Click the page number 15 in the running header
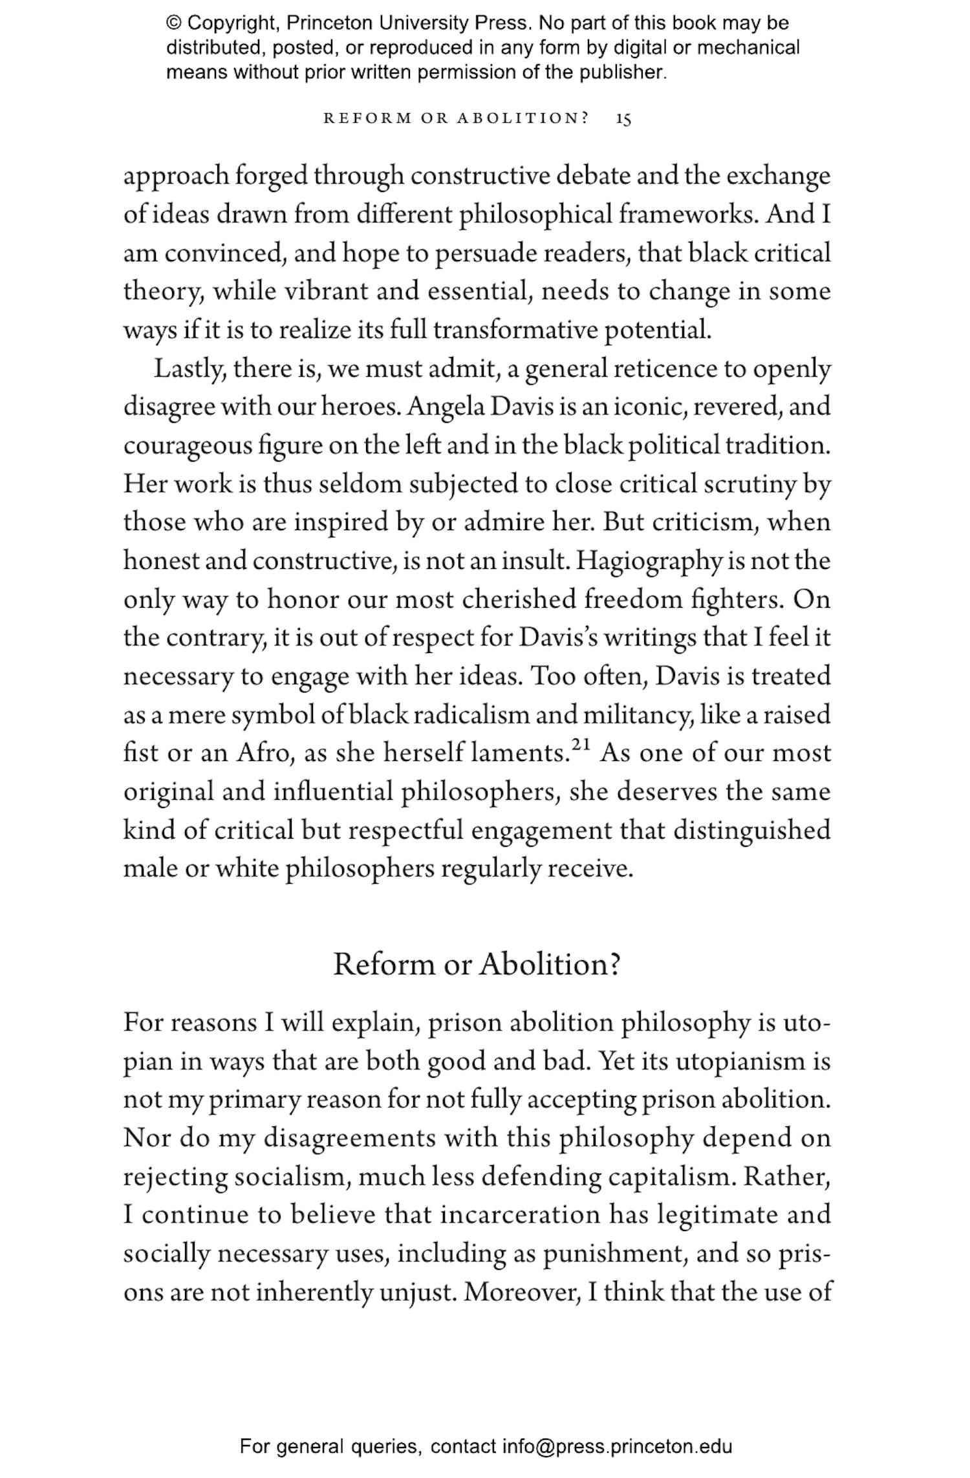623,119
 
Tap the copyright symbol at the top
174,24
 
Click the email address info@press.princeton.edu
618,1446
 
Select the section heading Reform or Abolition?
477,964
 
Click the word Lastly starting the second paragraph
189,370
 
